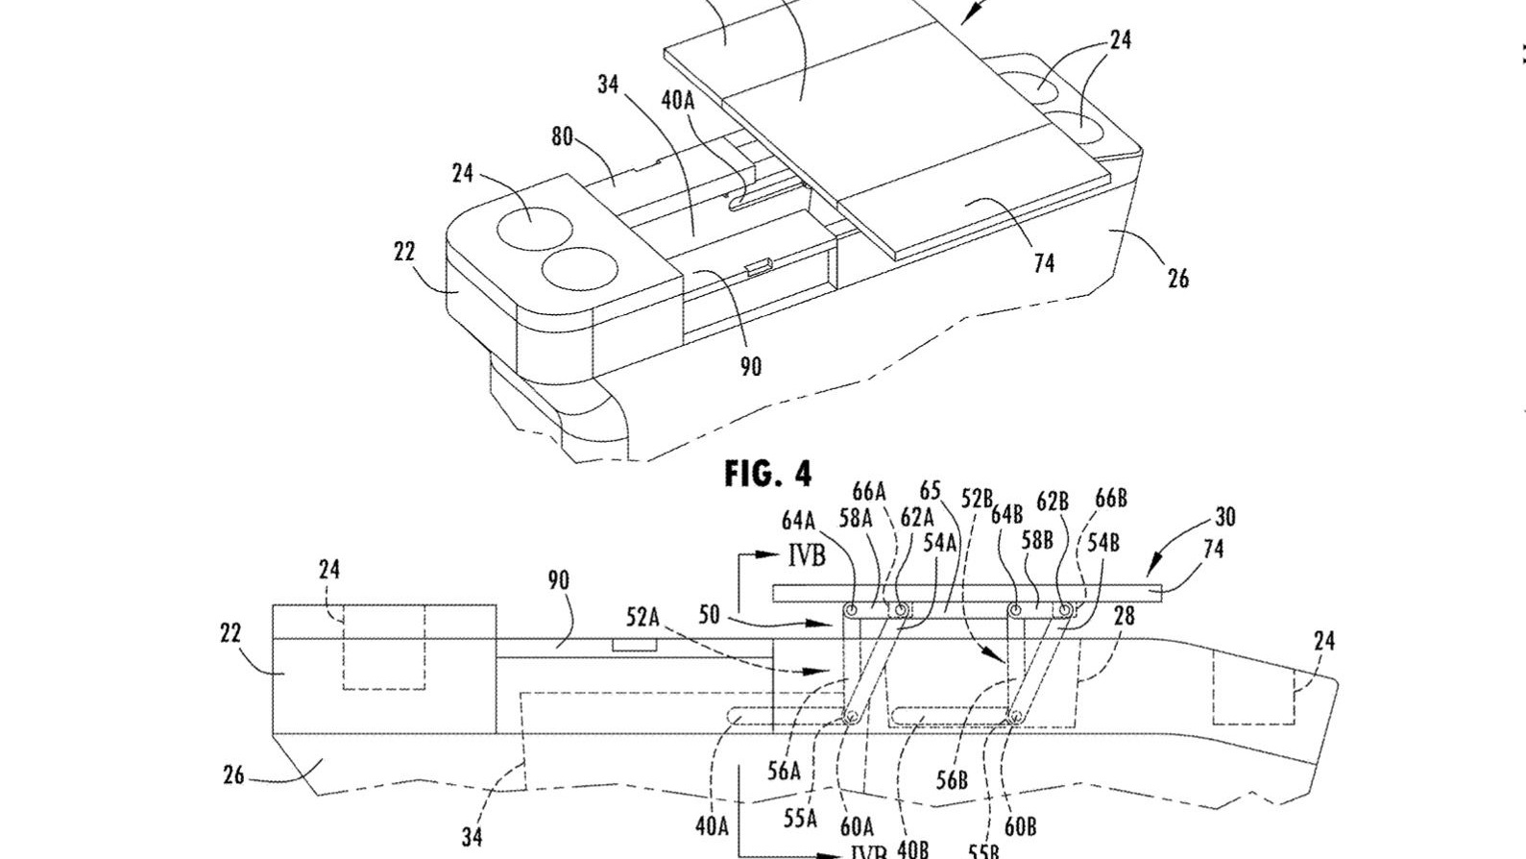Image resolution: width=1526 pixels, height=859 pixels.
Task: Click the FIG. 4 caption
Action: click(x=767, y=473)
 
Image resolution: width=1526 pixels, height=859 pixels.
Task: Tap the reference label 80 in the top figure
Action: click(x=562, y=136)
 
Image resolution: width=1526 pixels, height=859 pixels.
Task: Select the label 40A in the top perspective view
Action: click(x=677, y=100)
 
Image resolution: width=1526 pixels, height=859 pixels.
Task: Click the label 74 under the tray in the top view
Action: click(x=1044, y=262)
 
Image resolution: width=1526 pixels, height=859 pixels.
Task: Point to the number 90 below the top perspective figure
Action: click(x=750, y=366)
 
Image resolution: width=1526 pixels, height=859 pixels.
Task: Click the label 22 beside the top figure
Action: click(x=404, y=252)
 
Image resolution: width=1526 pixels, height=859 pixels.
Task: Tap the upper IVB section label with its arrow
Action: click(x=805, y=556)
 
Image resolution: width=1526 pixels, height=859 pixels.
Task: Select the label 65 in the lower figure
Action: click(x=930, y=492)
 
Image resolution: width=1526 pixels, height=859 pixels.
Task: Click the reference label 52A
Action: click(x=644, y=617)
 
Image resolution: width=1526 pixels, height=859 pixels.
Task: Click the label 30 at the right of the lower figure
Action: click(x=1224, y=517)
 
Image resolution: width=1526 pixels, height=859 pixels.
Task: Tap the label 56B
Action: click(x=951, y=780)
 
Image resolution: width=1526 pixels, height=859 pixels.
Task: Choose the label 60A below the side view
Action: click(x=857, y=825)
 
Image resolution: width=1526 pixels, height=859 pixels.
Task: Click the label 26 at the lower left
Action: click(x=233, y=774)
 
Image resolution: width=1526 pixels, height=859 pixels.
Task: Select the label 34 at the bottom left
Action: click(x=472, y=836)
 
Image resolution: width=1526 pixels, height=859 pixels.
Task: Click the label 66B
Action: click(x=1110, y=499)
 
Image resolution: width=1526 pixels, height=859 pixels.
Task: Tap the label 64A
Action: click(x=798, y=521)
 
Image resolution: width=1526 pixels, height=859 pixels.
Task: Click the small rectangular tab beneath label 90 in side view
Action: click(x=635, y=644)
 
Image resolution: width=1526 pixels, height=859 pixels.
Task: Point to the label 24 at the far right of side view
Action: click(x=1323, y=640)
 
